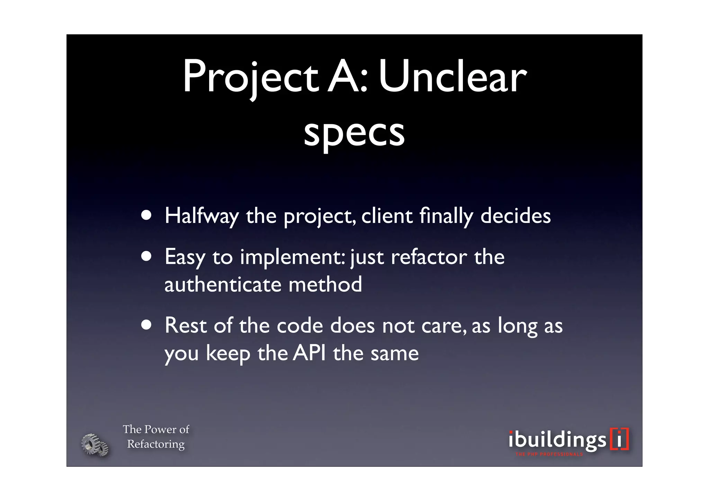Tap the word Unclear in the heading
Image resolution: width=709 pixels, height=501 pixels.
(x=452, y=77)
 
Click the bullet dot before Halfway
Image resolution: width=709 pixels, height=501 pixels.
(x=146, y=216)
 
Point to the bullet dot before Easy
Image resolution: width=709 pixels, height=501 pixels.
(x=146, y=257)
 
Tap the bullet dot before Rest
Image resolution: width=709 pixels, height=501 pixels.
(x=146, y=325)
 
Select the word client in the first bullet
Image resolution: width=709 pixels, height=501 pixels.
(x=387, y=216)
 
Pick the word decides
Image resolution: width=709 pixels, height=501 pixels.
(x=515, y=216)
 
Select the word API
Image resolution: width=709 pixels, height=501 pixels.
(x=309, y=353)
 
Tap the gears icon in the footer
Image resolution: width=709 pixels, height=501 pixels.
(x=95, y=445)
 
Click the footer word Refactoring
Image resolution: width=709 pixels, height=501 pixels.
(x=156, y=444)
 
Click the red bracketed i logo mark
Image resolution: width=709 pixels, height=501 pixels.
(x=620, y=439)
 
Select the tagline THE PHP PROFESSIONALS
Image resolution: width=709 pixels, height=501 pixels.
(x=549, y=454)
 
